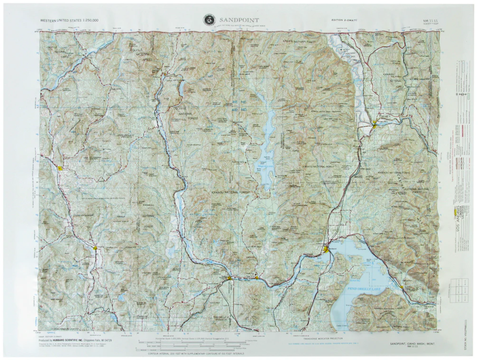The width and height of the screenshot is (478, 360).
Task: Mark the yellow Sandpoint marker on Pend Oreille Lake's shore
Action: [x=326, y=249]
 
